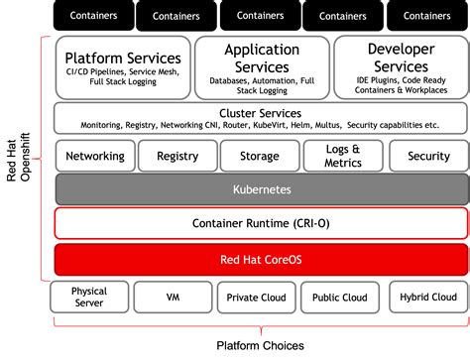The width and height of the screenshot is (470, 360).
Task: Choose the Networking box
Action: tap(95, 156)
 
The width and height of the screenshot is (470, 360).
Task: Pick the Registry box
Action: tap(177, 156)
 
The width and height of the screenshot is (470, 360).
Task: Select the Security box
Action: tap(427, 156)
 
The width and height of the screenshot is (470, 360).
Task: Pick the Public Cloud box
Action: tap(339, 298)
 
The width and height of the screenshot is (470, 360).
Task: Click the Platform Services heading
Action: tap(122, 58)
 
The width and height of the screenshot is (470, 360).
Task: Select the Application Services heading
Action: tap(261, 58)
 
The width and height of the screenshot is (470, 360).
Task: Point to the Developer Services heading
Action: tap(400, 58)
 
